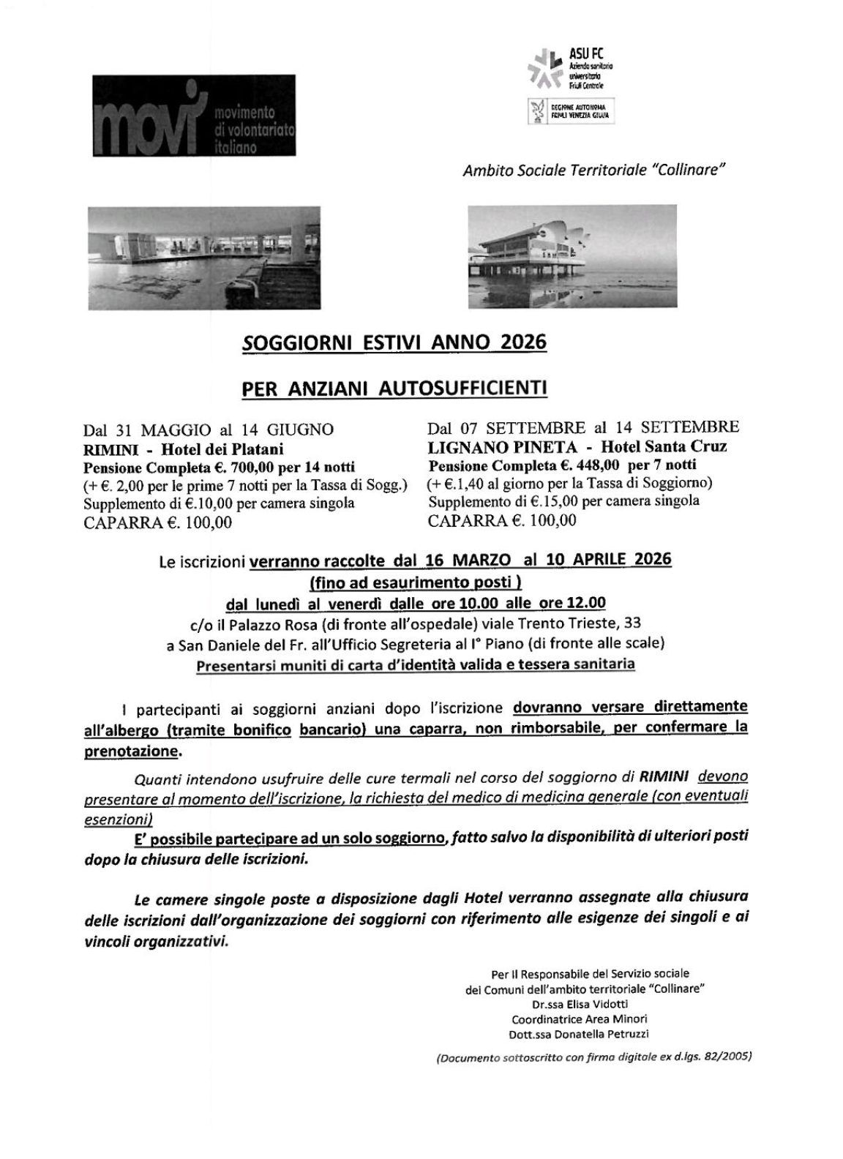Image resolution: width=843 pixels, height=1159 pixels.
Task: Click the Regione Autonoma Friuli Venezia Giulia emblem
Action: pyautogui.click(x=536, y=110)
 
